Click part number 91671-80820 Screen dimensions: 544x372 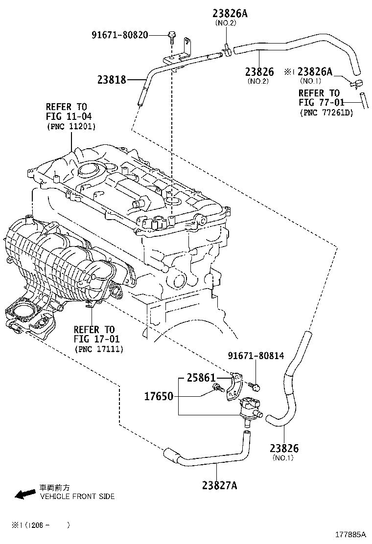click(120, 35)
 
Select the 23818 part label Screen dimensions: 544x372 click(113, 79)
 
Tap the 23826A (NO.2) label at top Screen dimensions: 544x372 click(230, 14)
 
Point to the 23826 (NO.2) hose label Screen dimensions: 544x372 click(259, 72)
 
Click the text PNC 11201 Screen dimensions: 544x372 click(71, 126)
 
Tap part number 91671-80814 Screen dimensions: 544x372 click(256, 356)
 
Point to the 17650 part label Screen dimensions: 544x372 click(159, 396)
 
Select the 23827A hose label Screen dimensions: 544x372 click(219, 485)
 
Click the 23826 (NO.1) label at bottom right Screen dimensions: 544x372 click(284, 448)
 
